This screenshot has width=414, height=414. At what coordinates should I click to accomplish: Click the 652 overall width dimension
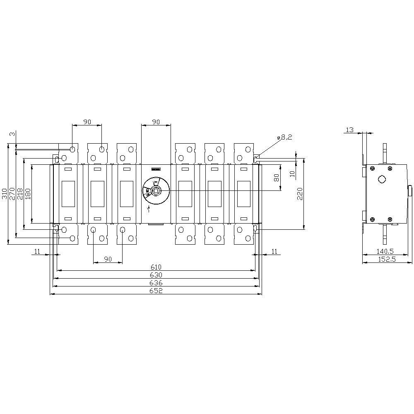156,291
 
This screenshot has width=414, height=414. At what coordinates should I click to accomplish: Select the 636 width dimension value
156,283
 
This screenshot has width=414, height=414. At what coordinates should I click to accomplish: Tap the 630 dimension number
156,275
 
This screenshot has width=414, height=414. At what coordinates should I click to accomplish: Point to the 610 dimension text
156,267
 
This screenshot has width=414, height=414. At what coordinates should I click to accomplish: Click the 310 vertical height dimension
5,193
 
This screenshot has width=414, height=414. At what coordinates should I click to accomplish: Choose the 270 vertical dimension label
12,193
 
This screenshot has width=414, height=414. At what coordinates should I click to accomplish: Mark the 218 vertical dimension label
20,193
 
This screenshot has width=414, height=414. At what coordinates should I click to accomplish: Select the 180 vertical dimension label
28,193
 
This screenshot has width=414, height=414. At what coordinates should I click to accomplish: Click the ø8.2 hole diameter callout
284,137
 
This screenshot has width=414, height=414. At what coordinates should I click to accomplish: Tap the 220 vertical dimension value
301,193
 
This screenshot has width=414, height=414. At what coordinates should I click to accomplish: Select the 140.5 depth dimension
385,251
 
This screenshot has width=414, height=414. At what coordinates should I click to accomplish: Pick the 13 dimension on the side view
349,130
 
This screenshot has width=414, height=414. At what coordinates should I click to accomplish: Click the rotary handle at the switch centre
156,190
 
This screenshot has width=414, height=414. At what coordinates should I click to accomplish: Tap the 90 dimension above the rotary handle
156,122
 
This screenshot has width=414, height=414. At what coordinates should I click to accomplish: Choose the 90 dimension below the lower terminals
108,259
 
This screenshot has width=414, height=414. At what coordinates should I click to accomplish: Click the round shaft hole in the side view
381,179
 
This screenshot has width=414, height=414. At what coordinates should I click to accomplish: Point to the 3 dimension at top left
12,134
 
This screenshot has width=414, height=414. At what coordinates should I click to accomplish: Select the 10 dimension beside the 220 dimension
293,173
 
